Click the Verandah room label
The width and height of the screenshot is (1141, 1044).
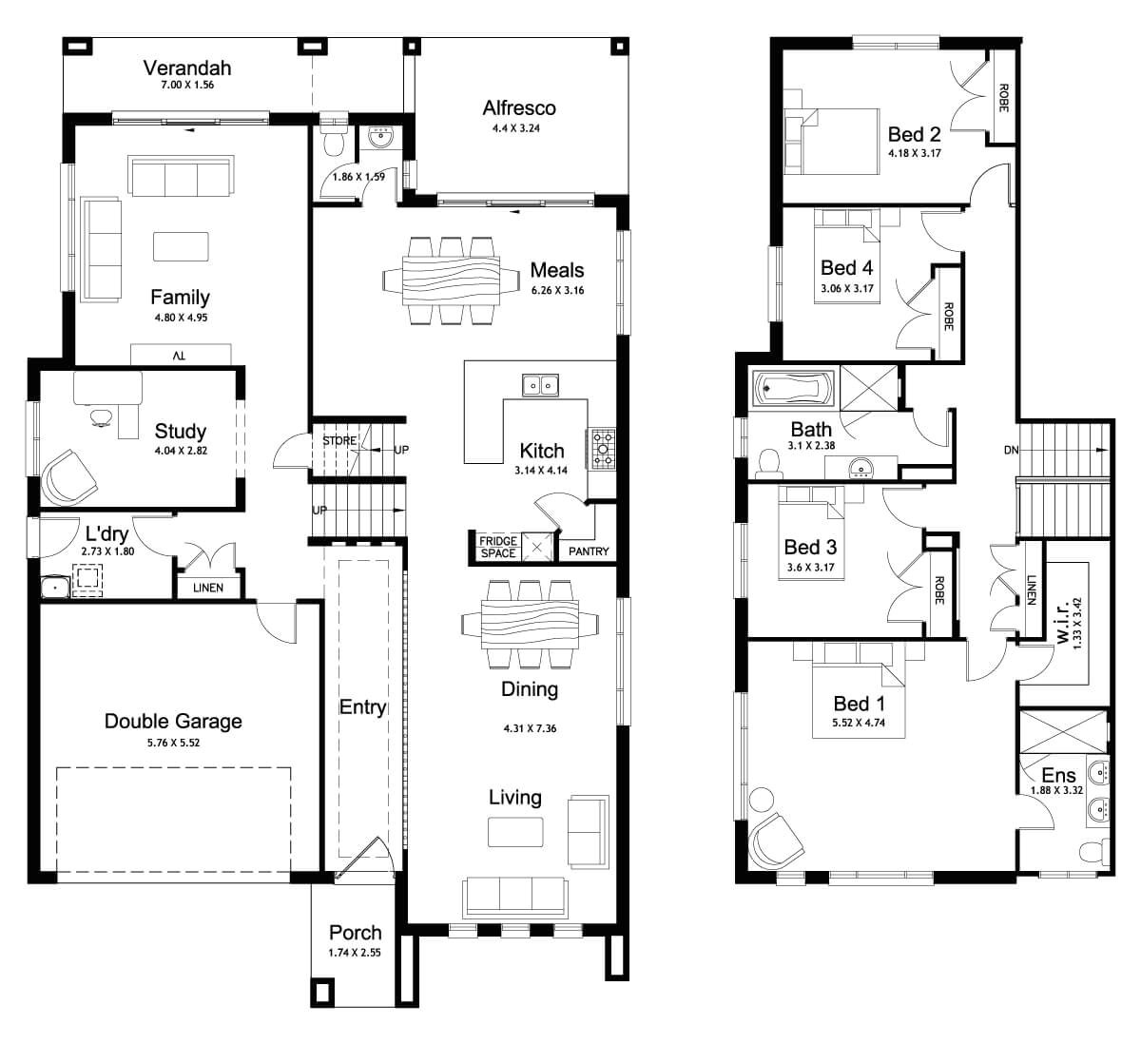[x=187, y=68]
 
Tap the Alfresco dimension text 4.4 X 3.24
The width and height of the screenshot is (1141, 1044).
[x=518, y=128]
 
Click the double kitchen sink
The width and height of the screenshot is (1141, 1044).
[x=540, y=385]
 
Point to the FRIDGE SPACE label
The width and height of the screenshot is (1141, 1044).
[x=497, y=547]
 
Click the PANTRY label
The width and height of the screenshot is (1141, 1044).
[x=588, y=551]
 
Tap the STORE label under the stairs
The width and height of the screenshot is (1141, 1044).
[x=338, y=441]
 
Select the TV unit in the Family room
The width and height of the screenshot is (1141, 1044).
[x=181, y=355]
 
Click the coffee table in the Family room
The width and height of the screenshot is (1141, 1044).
[x=182, y=245]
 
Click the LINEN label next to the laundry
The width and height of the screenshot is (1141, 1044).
[x=208, y=588]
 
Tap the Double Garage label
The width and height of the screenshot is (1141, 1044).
[x=173, y=721]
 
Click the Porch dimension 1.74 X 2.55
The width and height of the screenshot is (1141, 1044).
[x=356, y=952]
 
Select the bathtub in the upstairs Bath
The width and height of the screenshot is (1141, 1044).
[x=792, y=388]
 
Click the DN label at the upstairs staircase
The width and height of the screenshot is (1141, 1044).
[x=1010, y=450]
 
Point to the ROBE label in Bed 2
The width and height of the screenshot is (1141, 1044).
[x=1003, y=97]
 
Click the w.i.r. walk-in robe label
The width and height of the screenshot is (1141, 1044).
[x=1064, y=622]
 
